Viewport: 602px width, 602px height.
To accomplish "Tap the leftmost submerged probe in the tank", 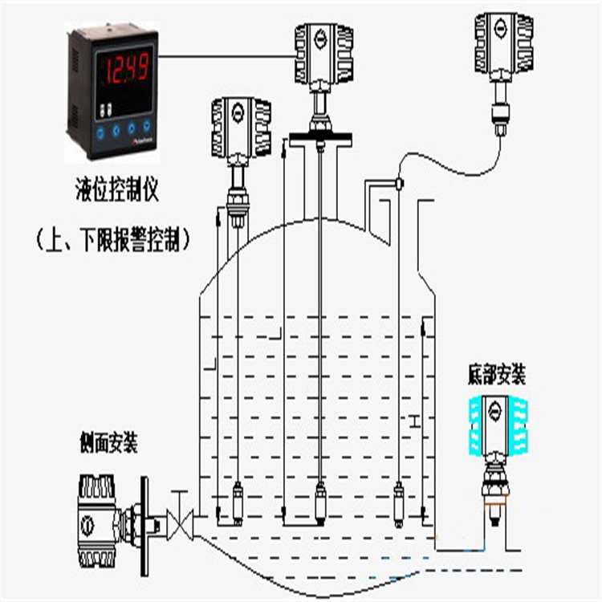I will point(238,499).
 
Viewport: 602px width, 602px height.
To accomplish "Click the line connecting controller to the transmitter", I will point(225,55).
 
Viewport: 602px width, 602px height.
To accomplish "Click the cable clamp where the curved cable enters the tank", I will point(397,184).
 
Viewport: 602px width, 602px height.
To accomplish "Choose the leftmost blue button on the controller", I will point(102,128).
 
